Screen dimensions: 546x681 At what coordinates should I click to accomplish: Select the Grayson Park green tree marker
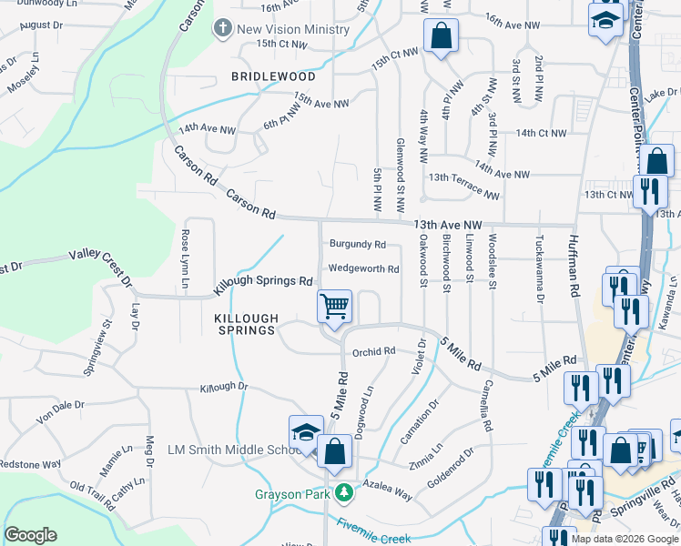(343, 493)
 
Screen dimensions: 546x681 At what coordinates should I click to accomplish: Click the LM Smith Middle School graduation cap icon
(306, 432)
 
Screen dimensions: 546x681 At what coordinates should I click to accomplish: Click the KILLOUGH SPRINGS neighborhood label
(244, 323)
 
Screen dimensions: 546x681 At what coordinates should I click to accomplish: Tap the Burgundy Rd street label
(358, 245)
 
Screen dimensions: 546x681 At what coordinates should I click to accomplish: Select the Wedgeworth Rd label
(363, 269)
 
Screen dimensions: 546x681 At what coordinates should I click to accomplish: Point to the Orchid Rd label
(374, 351)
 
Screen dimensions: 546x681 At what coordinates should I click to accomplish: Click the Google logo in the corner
(30, 535)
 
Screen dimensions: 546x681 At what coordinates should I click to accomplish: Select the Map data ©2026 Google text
(625, 539)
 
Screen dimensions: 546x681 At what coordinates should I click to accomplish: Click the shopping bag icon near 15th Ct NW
(441, 37)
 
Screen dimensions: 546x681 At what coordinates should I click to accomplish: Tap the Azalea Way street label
(388, 489)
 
